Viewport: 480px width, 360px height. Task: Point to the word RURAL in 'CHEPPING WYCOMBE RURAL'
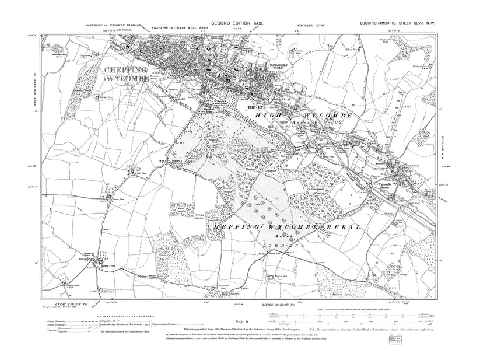pos(335,225)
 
